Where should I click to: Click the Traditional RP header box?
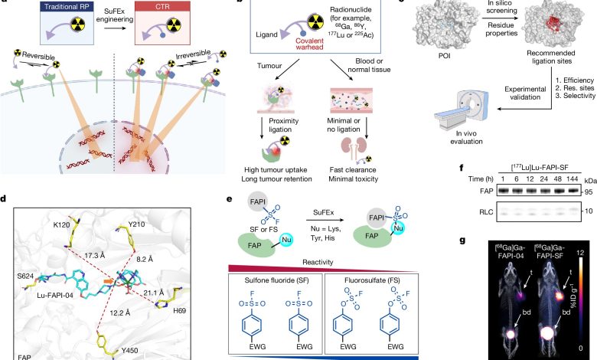[x=67, y=7]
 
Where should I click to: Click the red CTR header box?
[x=162, y=7]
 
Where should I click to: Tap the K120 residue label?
[x=61, y=224]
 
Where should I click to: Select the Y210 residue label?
[x=136, y=224]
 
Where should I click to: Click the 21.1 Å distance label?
[x=153, y=293]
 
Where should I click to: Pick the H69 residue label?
[x=179, y=310]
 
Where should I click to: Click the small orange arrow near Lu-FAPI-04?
[x=109, y=281]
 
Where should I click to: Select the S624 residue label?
[x=25, y=276]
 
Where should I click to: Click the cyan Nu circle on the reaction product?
[x=398, y=228]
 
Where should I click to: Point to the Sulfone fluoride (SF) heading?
[x=276, y=280]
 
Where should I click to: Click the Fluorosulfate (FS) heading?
[x=372, y=280]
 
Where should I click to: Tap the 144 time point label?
[x=573, y=178]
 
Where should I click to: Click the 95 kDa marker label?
[x=589, y=192]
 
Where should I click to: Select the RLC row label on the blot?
[x=485, y=211]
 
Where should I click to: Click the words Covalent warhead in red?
[x=309, y=44]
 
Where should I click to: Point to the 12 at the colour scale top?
[x=580, y=253]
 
